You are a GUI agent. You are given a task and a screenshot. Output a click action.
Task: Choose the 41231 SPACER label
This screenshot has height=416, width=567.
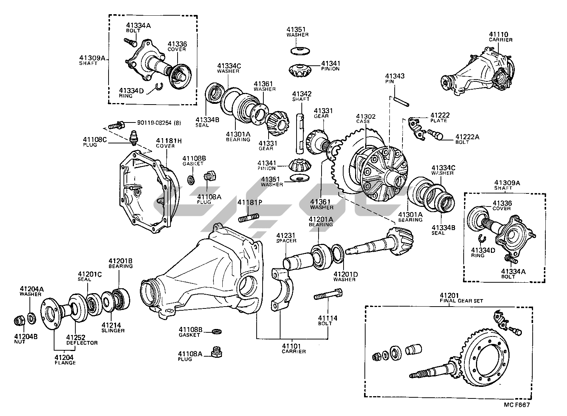click(x=286, y=238)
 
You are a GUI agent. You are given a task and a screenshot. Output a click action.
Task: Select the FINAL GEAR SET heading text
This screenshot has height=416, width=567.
click(x=461, y=301)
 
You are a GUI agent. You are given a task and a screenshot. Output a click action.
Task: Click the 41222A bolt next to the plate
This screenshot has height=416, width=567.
click(x=435, y=134)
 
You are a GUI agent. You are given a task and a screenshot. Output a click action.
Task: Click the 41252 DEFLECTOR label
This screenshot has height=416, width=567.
click(x=82, y=340)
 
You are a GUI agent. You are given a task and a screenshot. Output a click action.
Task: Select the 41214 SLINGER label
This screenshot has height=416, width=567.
click(x=113, y=327)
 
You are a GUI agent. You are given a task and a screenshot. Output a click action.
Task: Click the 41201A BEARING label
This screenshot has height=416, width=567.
click(x=321, y=221)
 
